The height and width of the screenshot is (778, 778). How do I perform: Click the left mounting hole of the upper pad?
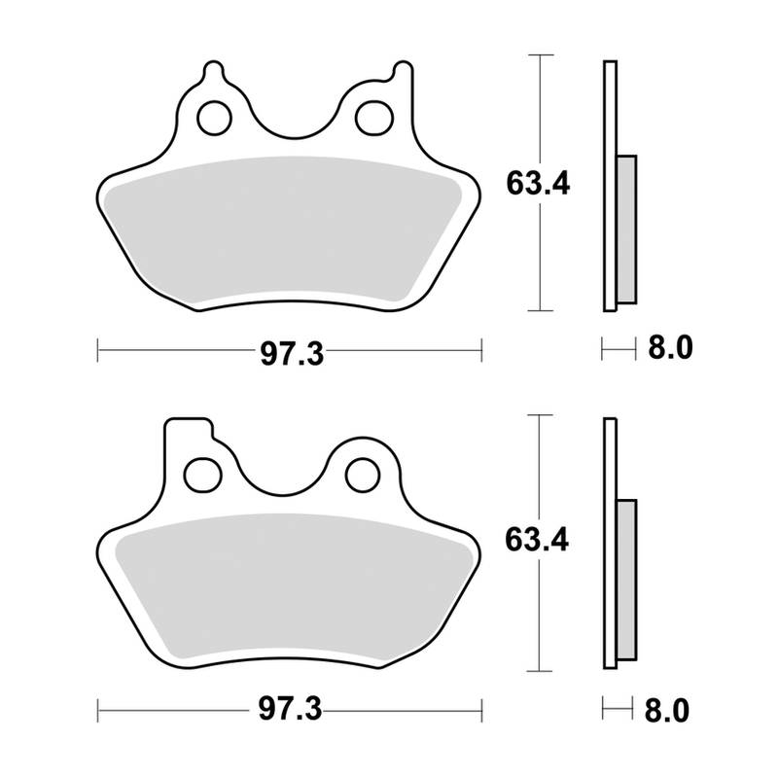210,118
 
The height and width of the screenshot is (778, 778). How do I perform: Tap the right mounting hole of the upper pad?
370,118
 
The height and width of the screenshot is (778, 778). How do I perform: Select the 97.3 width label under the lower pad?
290,711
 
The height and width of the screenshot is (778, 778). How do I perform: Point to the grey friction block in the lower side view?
626,583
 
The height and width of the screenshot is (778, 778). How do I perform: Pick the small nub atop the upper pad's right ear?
399,72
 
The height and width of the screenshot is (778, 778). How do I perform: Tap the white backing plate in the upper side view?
610,185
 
